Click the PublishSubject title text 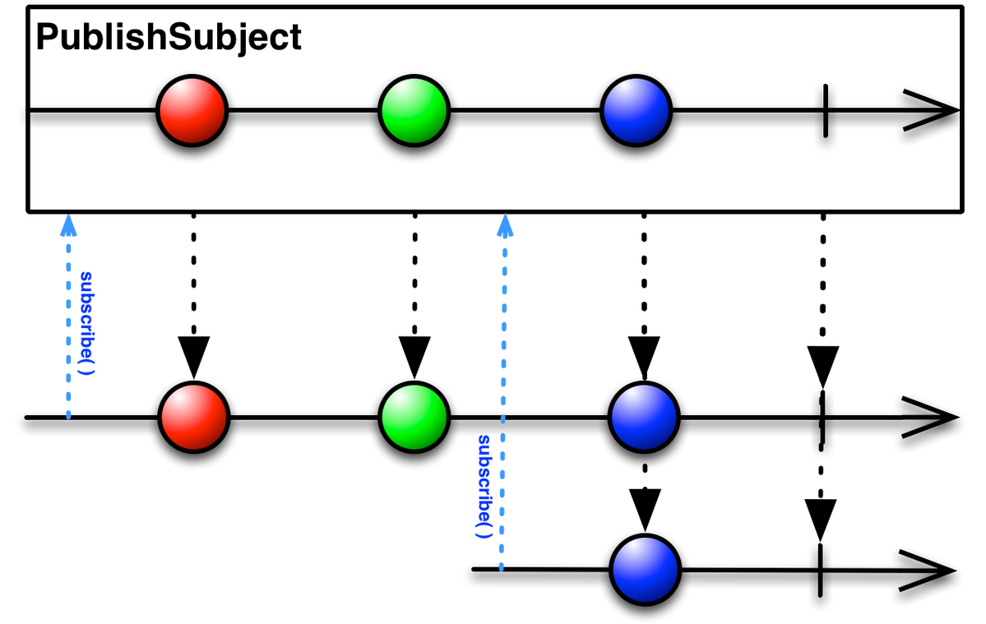tap(169, 38)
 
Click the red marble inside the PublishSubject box tap(192, 111)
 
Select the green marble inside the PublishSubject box tap(414, 111)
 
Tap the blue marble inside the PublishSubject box tap(637, 111)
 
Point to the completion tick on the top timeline tap(825, 111)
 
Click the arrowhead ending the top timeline tap(932, 111)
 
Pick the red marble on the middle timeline tap(194, 417)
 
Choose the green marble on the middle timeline tap(414, 417)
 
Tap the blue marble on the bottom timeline tap(646, 570)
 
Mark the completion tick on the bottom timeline tap(821, 570)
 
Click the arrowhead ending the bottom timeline tap(928, 571)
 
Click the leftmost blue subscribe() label tap(87, 323)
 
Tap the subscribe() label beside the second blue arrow tap(484, 487)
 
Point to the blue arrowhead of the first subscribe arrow tap(68, 225)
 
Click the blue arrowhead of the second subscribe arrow tap(505, 225)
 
